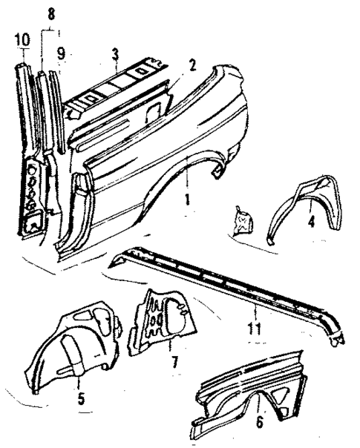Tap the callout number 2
pyautogui.click(x=192, y=65)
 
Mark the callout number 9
pyautogui.click(x=61, y=54)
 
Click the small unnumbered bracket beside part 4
pyautogui.click(x=241, y=221)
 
